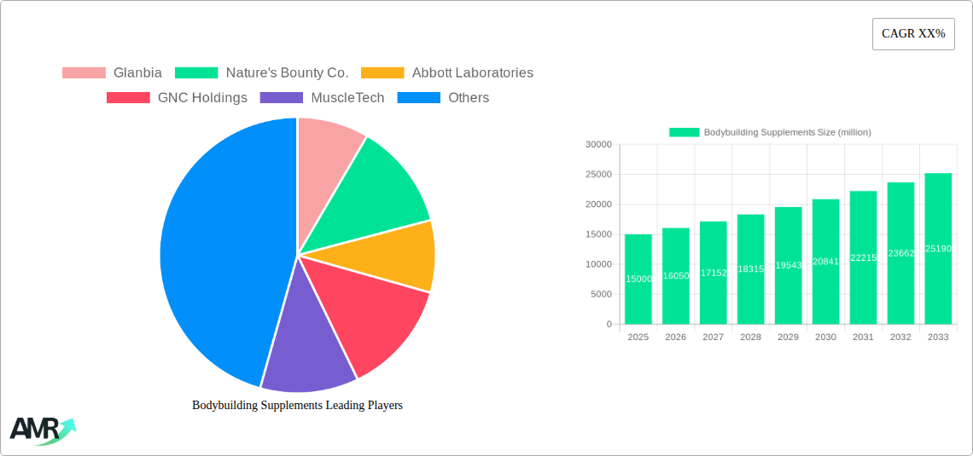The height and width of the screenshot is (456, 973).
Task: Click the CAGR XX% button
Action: click(912, 34)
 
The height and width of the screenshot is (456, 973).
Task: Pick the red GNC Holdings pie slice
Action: click(371, 315)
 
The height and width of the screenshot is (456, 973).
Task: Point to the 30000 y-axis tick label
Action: click(597, 145)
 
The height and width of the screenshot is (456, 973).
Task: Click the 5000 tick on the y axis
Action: click(600, 294)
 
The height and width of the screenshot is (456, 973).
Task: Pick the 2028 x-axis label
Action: click(750, 338)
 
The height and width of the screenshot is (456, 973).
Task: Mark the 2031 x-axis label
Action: click(863, 338)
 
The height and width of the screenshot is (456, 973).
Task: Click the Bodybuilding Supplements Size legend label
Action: click(786, 132)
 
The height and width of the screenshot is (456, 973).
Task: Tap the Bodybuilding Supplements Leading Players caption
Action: click(297, 406)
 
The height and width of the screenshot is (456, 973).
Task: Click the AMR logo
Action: click(41, 430)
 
